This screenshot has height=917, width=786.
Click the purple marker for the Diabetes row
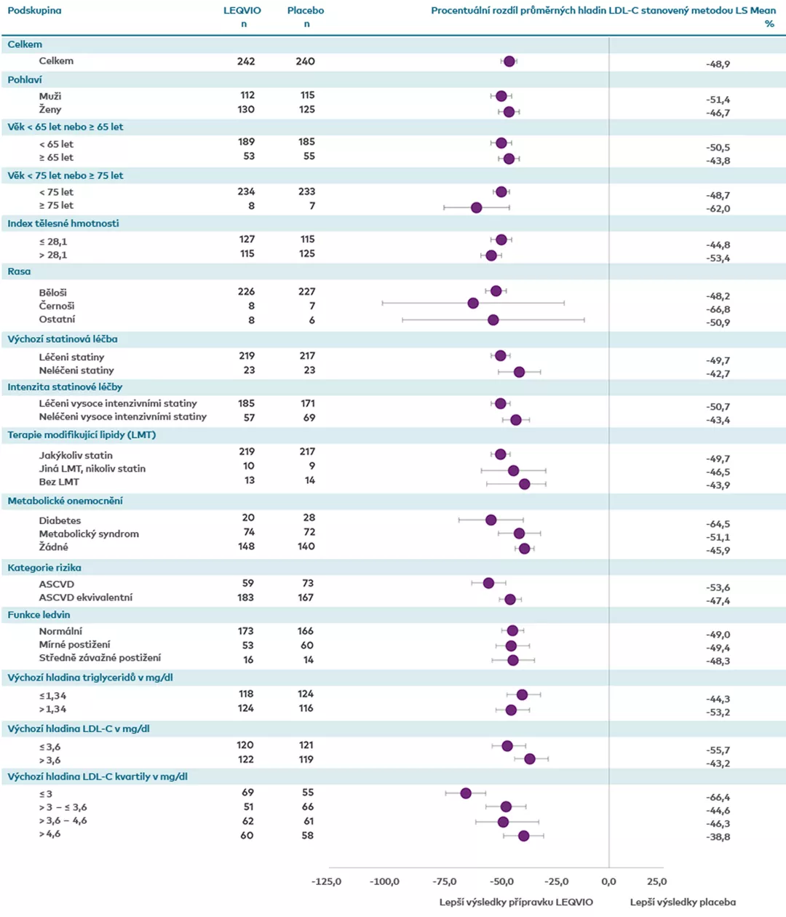coord(491,520)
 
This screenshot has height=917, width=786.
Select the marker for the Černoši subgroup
coord(474,303)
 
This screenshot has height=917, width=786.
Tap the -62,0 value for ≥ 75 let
coord(718,209)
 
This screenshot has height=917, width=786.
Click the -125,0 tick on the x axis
coord(326,881)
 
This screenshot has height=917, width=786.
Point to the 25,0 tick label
coord(656,881)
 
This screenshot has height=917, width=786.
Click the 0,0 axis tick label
coord(609,881)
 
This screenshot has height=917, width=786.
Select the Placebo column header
coord(306,10)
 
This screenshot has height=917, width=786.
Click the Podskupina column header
coord(34,10)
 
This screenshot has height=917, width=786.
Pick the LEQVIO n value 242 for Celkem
coord(246,61)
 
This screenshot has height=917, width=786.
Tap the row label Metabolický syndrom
coord(89,533)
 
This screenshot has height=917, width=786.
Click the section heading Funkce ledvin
coord(39,615)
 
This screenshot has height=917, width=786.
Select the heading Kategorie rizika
coord(44,568)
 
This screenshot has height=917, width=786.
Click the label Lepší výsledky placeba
coord(683,902)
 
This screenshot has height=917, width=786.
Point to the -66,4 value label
coord(718,798)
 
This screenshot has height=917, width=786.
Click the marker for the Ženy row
coord(509,111)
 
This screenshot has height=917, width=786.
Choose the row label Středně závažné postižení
coord(100,658)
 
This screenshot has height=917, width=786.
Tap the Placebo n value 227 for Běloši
coord(306,291)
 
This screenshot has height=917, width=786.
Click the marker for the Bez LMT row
coord(525,484)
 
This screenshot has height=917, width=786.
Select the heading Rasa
coord(19,271)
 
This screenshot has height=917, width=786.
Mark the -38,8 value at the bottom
coord(718,837)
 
